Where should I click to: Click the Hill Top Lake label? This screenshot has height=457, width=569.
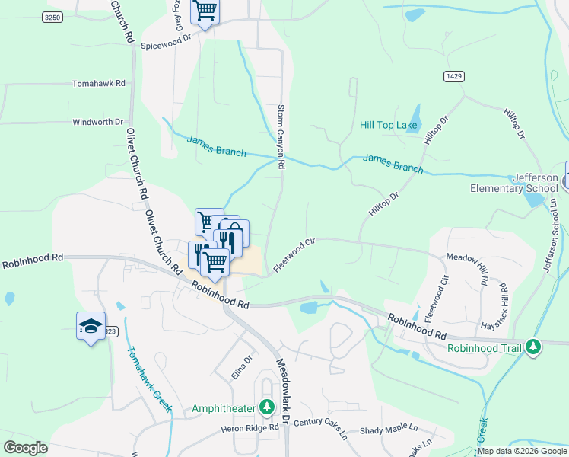(x=389, y=125)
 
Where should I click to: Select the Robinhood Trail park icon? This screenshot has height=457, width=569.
(x=534, y=347)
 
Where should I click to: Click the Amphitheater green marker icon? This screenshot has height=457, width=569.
(x=266, y=408)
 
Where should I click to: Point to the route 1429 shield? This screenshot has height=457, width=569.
(x=454, y=77)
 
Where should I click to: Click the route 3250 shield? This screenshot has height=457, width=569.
(x=52, y=17)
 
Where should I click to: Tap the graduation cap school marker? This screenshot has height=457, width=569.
(x=91, y=326)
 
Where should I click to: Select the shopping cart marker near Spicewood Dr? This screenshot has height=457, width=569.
(x=205, y=11)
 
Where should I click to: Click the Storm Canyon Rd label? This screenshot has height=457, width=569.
(x=281, y=136)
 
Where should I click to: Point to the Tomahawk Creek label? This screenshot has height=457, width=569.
(x=149, y=380)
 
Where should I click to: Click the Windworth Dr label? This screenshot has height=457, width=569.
(x=97, y=122)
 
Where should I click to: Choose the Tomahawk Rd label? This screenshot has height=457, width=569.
(x=98, y=83)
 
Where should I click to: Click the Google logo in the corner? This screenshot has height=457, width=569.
(x=25, y=447)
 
